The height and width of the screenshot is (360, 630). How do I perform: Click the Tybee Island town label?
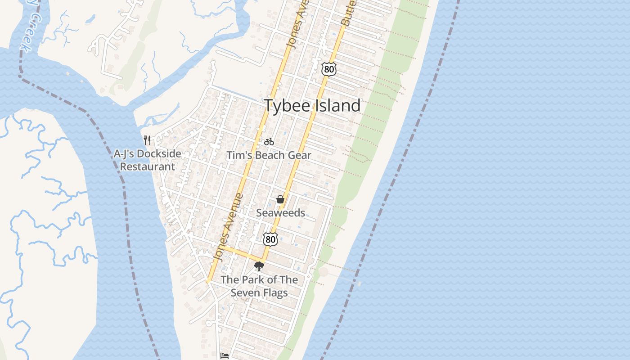point(312,105)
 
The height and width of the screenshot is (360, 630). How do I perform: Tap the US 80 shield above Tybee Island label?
point(329,69)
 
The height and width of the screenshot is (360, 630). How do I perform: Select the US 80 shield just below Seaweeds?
point(270,239)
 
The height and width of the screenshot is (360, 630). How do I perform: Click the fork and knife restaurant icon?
point(147,140)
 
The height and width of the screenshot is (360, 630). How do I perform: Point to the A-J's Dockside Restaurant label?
point(147,160)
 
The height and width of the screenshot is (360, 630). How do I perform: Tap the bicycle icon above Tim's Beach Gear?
point(269,142)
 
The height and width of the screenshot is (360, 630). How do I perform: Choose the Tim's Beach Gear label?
point(269,155)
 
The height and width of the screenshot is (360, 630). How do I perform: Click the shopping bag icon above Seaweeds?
point(280,199)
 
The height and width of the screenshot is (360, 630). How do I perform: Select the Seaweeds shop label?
point(280,213)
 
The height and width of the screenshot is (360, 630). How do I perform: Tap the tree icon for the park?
point(259,266)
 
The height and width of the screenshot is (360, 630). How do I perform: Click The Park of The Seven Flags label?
point(259,286)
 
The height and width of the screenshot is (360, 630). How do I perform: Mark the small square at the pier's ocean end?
point(359,283)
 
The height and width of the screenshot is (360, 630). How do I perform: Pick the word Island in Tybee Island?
point(337,105)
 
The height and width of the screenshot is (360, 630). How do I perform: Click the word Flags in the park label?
point(275,293)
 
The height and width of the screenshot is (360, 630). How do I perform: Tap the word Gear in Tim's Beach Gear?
point(300,155)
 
